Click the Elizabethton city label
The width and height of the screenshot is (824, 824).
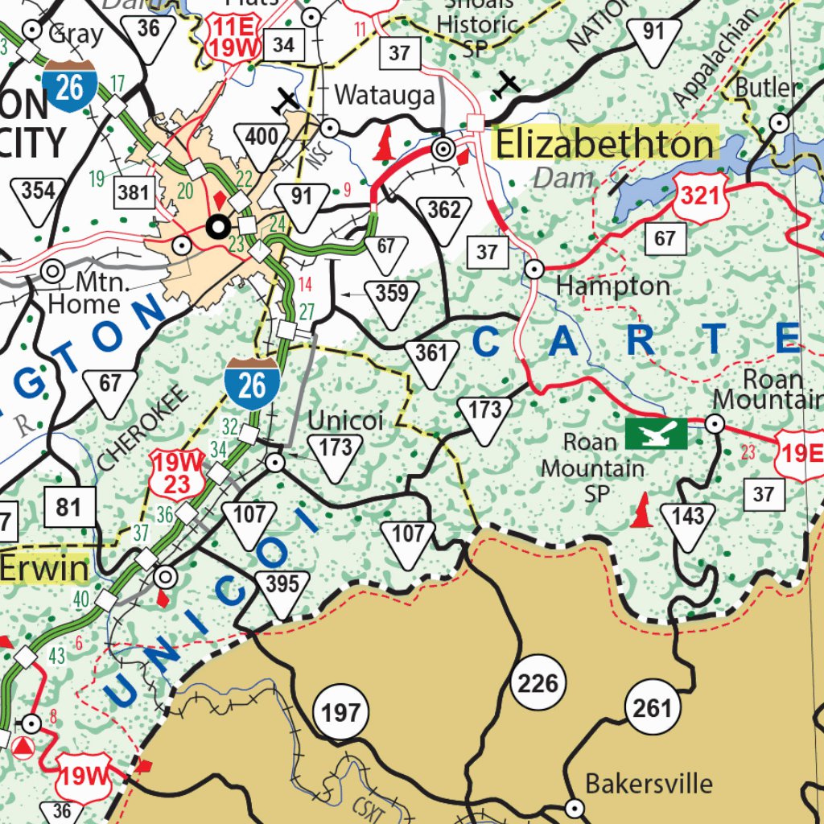tap(604, 145)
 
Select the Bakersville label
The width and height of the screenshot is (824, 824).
tap(649, 783)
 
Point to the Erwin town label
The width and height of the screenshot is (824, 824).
tap(43, 569)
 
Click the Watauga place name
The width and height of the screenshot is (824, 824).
tap(384, 95)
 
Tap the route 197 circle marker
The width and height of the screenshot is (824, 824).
tap(341, 712)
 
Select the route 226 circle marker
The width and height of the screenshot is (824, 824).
tap(538, 684)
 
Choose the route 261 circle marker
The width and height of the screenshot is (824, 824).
tap(652, 708)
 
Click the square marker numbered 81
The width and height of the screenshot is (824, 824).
tap(69, 508)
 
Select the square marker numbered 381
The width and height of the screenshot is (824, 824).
tap(134, 192)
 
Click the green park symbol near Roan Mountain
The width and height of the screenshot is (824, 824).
tap(657, 433)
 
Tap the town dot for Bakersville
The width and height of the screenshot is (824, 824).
tap(575, 807)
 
